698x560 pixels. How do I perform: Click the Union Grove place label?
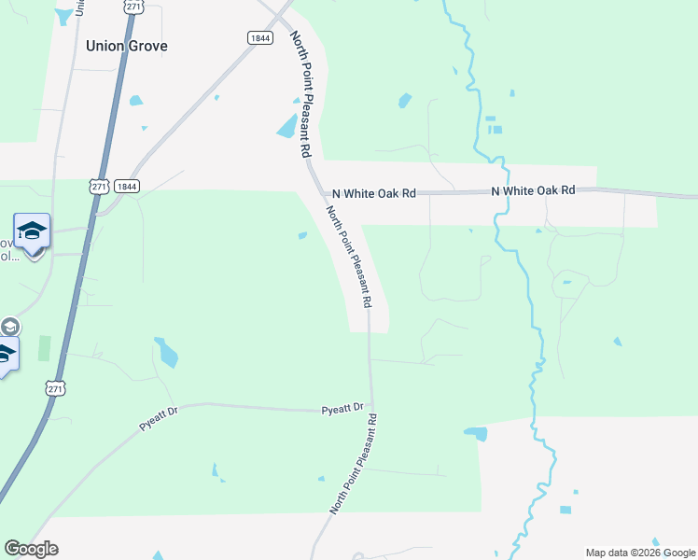[127, 45]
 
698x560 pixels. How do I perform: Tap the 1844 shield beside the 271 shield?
[128, 187]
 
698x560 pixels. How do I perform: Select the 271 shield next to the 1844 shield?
[100, 187]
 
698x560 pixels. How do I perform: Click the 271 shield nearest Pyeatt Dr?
[56, 388]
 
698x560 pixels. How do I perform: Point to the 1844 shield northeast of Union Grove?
[259, 37]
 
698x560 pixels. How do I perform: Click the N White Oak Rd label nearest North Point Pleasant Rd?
[373, 193]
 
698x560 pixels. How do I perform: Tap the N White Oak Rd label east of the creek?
[533, 190]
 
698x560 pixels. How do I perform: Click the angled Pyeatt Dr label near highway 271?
[159, 417]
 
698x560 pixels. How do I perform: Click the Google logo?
[31, 549]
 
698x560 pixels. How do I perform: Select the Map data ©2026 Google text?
[640, 553]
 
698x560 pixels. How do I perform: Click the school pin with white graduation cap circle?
[32, 233]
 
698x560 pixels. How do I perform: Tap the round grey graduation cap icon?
[9, 327]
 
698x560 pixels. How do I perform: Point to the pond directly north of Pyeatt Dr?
[168, 354]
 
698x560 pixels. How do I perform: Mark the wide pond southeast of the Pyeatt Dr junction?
[476, 433]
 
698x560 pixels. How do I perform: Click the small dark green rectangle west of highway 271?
[43, 349]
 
